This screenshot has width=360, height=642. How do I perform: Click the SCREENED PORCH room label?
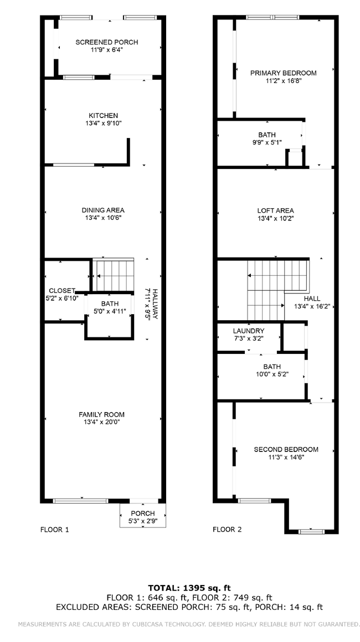[106, 42]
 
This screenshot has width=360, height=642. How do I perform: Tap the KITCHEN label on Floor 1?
[103, 115]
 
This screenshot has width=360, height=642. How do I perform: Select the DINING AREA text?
[103, 210]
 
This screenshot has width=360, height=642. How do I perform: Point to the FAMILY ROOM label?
[101, 414]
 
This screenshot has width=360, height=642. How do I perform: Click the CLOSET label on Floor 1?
[61, 290]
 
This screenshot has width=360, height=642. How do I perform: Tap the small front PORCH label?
[142, 513]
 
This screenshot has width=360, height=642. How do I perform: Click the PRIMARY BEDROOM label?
[283, 73]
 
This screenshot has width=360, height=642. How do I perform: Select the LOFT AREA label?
[275, 210]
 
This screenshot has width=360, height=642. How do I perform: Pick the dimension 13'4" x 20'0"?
[101, 422]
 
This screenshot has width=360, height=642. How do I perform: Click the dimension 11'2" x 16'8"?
[283, 81]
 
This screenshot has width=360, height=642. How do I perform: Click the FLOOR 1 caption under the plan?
[55, 530]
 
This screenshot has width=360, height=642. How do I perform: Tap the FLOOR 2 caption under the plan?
[227, 530]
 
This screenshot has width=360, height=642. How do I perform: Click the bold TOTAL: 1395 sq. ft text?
[189, 588]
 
